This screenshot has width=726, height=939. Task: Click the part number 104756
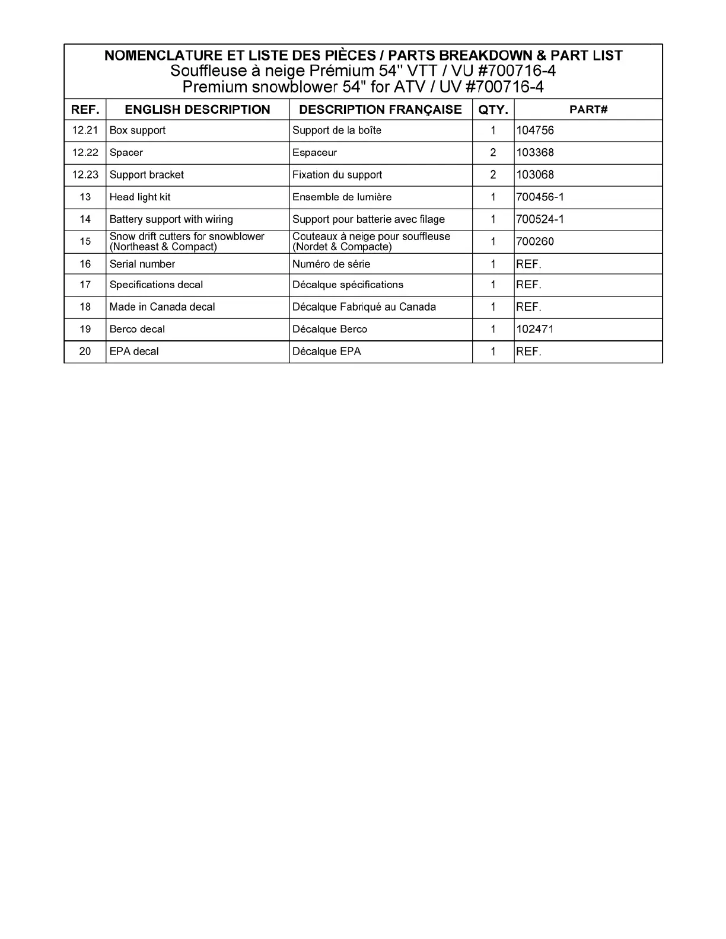[535, 130]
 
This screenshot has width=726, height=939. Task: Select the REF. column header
[85, 110]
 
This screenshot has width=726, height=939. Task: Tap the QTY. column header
[493, 110]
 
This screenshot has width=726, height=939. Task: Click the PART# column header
[588, 110]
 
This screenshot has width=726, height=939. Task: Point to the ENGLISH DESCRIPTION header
[198, 110]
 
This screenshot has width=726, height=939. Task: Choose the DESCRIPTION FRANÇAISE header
[380, 110]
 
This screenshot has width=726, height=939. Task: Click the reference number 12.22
[85, 152]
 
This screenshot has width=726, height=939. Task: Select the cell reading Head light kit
[140, 197]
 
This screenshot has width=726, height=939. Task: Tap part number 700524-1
[540, 219]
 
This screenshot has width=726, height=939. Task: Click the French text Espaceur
[314, 152]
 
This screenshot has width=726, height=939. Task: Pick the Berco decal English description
[137, 329]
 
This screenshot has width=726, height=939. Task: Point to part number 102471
[535, 329]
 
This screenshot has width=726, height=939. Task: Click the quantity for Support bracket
[493, 175]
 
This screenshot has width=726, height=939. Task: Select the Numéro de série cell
[331, 264]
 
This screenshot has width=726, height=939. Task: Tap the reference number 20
[85, 352]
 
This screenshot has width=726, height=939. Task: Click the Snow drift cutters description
[187, 241]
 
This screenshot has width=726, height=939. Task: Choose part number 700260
[535, 241]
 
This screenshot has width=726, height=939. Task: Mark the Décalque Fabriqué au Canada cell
[364, 307]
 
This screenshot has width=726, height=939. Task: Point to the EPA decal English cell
[134, 352]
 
